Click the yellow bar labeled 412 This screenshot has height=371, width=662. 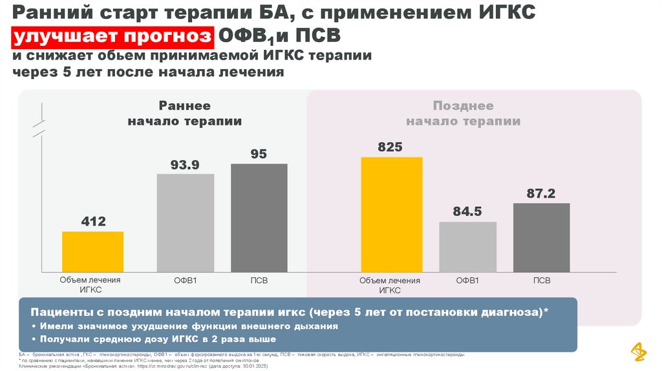[92, 251]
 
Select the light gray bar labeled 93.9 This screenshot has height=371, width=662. [186, 222]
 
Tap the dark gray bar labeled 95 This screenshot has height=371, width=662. [259, 217]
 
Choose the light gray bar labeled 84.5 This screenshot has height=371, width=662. [467, 246]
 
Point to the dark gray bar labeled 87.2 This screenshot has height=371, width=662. [542, 237]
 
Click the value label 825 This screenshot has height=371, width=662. [390, 147]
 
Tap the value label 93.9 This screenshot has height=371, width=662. [185, 165]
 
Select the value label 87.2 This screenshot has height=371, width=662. [541, 193]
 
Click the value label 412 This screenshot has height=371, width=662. [93, 222]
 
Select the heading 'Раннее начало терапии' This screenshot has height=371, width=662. [185, 113]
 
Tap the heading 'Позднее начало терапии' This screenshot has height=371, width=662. [463, 113]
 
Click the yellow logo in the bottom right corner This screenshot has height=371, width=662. [636, 350]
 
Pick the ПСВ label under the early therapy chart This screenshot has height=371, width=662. [259, 281]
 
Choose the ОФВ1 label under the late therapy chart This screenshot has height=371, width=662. [467, 281]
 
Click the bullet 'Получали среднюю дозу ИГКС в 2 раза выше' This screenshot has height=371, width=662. [158, 339]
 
